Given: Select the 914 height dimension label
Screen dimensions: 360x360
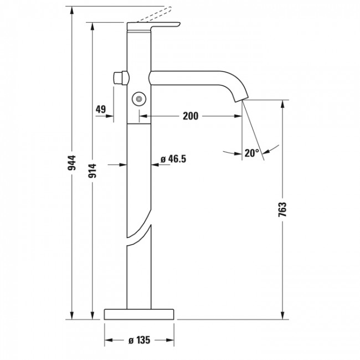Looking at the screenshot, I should (x=93, y=172).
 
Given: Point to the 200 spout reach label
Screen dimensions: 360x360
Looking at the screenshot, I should (x=190, y=117).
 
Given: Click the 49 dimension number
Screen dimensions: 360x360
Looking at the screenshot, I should (x=100, y=109).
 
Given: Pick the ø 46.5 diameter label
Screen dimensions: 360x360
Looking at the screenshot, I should (x=172, y=159).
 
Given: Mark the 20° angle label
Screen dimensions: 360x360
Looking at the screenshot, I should (x=251, y=153).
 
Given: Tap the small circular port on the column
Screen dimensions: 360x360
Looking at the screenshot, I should (x=138, y=99).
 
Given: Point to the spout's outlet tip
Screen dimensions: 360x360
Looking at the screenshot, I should (x=242, y=100).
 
